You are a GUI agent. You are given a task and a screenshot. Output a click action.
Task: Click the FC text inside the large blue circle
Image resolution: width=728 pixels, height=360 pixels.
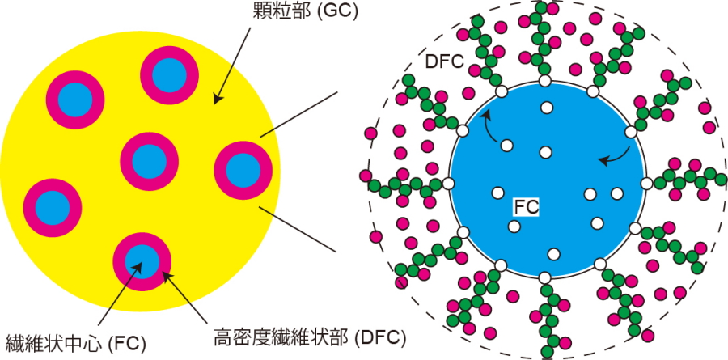click(527, 206)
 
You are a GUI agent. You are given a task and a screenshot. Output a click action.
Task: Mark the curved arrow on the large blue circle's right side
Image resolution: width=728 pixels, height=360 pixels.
click(614, 155)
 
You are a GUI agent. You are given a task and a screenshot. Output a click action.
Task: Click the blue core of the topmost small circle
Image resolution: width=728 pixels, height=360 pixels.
click(169, 75)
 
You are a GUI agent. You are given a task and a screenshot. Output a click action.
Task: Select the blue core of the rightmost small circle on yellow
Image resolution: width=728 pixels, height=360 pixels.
click(242, 169)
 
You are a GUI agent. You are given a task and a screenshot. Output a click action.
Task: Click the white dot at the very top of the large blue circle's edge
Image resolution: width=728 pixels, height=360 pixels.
click(545, 81)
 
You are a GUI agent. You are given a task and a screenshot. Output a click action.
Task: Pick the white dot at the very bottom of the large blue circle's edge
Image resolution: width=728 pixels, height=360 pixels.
click(545, 279)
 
